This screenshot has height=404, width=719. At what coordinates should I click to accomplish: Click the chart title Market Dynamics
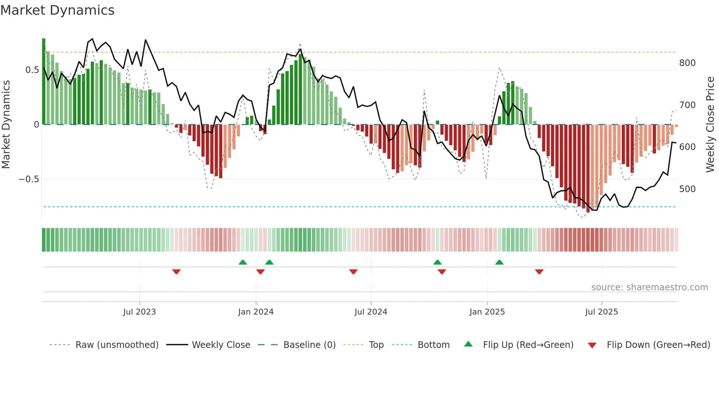(57, 10)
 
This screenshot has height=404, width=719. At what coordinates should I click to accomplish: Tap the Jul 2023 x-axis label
(139, 312)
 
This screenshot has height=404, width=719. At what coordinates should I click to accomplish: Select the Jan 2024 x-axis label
(256, 312)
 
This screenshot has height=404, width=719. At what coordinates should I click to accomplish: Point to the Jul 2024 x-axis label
(371, 312)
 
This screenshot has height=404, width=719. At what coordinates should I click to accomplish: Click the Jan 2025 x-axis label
(487, 312)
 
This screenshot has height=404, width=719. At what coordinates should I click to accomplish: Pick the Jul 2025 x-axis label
(602, 312)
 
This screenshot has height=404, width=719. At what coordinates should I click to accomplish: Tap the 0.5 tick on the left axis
(32, 70)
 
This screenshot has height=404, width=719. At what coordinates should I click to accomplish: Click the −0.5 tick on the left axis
(29, 179)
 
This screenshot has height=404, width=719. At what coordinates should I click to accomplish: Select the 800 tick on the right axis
(687, 63)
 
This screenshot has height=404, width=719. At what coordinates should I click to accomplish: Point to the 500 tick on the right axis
(687, 189)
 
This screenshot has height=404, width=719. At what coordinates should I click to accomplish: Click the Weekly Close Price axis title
(710, 125)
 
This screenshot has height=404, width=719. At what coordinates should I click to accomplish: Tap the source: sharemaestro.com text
(649, 287)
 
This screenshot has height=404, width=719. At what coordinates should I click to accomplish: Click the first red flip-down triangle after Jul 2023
(176, 272)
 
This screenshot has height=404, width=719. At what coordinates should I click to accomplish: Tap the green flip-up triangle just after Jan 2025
(499, 262)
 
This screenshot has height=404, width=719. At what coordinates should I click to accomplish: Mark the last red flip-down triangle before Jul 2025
(539, 272)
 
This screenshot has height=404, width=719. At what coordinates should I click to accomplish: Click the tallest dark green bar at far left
(44, 81)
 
